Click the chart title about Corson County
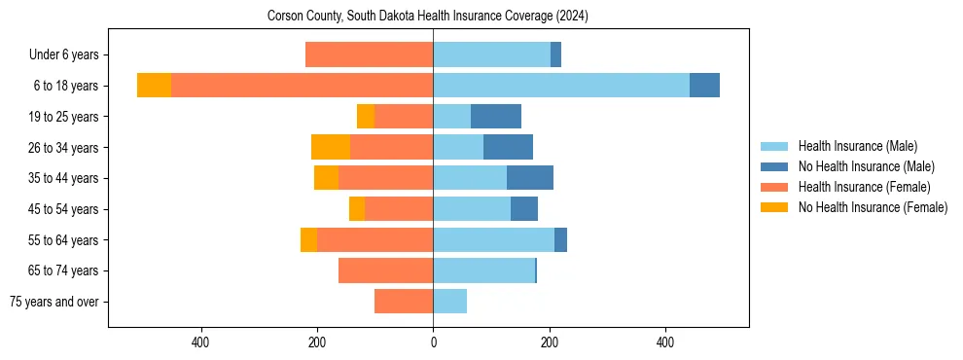(428, 16)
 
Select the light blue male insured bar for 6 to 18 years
(561, 86)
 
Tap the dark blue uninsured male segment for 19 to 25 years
(496, 117)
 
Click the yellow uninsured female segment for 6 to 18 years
(154, 86)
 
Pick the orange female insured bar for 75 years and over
(404, 302)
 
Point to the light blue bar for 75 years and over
(449, 302)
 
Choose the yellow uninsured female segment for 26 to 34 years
(331, 147)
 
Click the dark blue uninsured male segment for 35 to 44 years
(530, 178)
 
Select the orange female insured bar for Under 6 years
(370, 54)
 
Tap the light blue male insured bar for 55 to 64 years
(493, 240)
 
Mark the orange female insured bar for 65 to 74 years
(386, 270)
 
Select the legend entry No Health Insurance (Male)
(866, 166)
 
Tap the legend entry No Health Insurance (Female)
(873, 207)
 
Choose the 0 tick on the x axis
(433, 342)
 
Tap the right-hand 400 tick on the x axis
(665, 342)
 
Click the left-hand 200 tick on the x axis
(317, 342)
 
